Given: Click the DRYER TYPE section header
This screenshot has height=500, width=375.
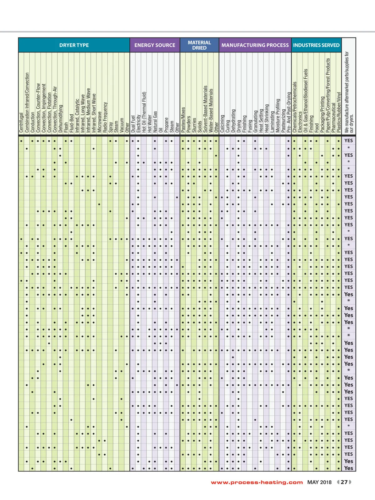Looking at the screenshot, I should (x=74, y=45).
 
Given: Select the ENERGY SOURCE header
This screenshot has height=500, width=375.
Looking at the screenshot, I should (x=155, y=45).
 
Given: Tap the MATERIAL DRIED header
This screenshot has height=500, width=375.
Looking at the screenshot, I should (x=199, y=45).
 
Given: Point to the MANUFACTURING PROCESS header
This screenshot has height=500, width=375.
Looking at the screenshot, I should (x=255, y=45).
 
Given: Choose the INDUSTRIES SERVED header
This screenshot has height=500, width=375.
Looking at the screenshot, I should (x=316, y=45).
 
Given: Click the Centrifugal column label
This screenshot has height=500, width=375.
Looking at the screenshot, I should (x=22, y=123).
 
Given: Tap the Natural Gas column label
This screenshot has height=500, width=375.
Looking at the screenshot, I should (x=155, y=122).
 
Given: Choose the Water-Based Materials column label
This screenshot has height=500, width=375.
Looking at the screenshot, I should (x=211, y=111).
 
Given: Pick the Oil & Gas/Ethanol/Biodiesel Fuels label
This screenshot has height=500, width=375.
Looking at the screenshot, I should (x=306, y=101).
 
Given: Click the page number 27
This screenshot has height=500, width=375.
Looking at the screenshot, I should (x=344, y=482).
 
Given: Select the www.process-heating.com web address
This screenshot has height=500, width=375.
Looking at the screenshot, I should (x=257, y=482).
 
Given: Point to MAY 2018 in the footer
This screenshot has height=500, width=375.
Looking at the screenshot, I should (x=319, y=482).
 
